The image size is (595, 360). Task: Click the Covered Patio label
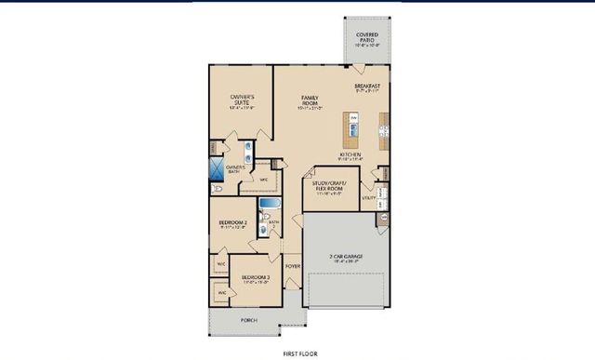pyautogui.click(x=367, y=38)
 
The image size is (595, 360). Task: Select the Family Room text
pyautogui.click(x=310, y=101)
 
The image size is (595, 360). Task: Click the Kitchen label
pyautogui.click(x=350, y=155)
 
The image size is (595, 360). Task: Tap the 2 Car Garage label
pyautogui.click(x=344, y=257)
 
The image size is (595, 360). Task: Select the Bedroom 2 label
pyautogui.click(x=232, y=223)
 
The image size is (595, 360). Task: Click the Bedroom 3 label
pyautogui.click(x=256, y=278)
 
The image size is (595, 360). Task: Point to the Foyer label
pyautogui.click(x=293, y=266)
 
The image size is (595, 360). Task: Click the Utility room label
pyautogui.click(x=369, y=197)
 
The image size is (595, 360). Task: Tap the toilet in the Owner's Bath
pyautogui.click(x=217, y=188)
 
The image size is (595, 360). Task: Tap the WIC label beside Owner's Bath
pyautogui.click(x=263, y=180)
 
